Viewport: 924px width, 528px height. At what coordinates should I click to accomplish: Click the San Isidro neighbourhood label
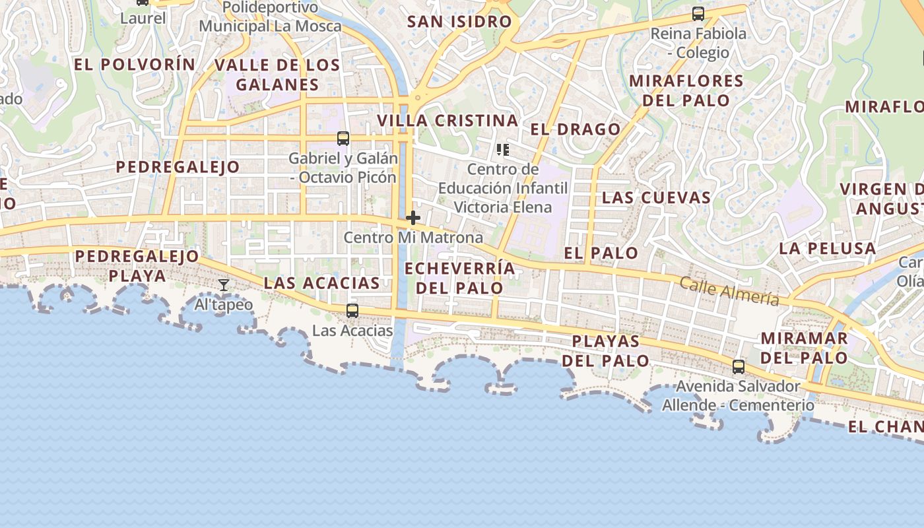[x=459, y=22]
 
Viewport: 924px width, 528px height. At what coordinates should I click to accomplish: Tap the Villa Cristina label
[x=447, y=121]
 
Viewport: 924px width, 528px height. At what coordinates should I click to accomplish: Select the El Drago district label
[x=576, y=129]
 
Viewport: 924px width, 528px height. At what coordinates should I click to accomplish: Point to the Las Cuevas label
[x=656, y=197]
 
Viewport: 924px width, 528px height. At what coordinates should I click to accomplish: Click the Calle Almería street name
[x=729, y=291]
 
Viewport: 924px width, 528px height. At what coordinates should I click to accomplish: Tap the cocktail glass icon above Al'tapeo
[x=224, y=285]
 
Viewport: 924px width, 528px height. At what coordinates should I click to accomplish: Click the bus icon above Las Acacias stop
[x=352, y=310]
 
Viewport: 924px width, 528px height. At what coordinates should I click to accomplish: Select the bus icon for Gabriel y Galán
[x=343, y=139]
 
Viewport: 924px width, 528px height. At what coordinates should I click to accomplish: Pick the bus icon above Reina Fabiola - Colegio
[x=698, y=14]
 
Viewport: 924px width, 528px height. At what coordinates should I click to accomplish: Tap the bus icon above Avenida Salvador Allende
[x=739, y=366]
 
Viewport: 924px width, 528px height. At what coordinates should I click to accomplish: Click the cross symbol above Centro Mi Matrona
[x=413, y=218]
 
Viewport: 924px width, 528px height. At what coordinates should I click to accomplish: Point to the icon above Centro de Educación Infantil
[x=503, y=150]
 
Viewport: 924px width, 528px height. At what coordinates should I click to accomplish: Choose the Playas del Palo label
[x=606, y=351]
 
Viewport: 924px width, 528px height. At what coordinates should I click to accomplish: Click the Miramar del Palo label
[x=804, y=348]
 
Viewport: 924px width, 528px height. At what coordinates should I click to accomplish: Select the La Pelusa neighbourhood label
[x=827, y=249]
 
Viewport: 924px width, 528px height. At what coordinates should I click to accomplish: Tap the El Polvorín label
[x=135, y=65]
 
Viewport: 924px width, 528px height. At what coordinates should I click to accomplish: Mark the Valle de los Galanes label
[x=277, y=75]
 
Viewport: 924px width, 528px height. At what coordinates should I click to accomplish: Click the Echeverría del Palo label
[x=459, y=278]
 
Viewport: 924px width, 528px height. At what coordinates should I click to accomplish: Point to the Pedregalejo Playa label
[x=137, y=265]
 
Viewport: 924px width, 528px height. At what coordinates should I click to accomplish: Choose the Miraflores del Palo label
[x=686, y=90]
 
